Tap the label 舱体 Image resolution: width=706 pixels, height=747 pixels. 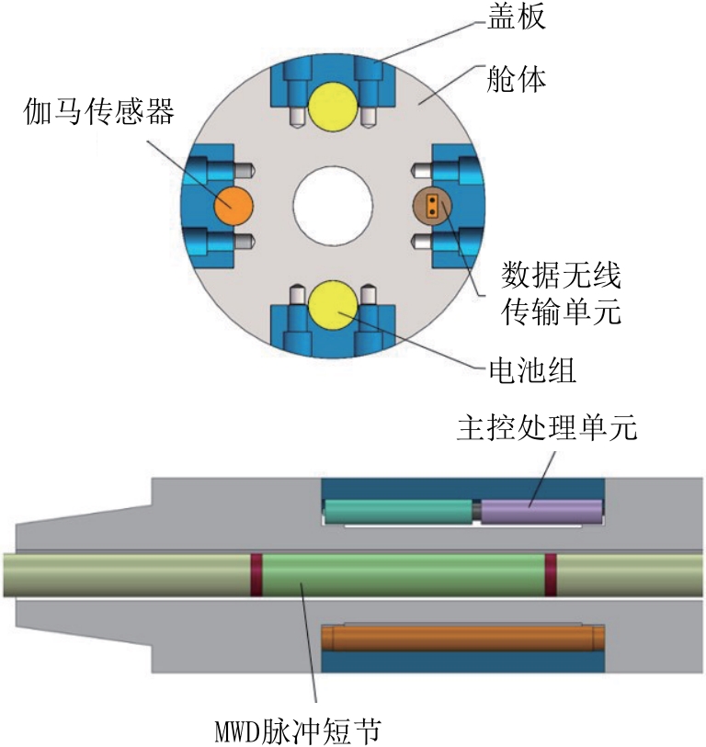pos(517,79)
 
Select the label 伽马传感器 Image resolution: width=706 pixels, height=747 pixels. pos(99,111)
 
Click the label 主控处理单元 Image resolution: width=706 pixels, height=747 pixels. pos(547,427)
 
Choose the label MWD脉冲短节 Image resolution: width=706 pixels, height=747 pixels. pos(299,730)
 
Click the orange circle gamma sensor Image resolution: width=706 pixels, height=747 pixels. pos(233,206)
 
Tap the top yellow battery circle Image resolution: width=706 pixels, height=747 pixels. pos(333,107)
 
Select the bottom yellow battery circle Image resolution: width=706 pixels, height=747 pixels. pos(333,305)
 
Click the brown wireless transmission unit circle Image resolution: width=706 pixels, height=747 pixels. pos(432,205)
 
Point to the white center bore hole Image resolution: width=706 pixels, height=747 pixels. pos(333,206)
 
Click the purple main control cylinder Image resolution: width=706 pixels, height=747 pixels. pos(541,512)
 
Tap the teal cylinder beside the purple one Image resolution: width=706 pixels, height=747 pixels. pos(399,512)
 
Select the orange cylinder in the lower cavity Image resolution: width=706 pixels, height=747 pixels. pos(463,639)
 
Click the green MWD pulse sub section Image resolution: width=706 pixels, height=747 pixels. pos(404,574)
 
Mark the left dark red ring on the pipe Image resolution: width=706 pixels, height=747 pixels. pos(256,574)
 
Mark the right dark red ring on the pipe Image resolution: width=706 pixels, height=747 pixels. pos(551,574)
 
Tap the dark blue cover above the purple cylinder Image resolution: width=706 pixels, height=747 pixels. pos(463,489)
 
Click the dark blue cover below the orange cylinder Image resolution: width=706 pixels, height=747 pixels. pos(463,662)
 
